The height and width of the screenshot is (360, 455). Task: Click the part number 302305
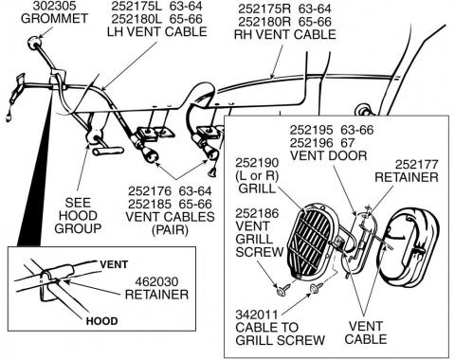[x=54, y=6]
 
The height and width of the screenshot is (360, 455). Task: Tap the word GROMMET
[x=54, y=18]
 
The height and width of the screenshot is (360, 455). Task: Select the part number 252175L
[x=136, y=6]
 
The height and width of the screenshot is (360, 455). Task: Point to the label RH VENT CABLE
[x=284, y=34]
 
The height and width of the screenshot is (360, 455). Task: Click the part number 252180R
[x=264, y=22]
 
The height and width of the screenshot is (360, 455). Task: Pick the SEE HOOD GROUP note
[x=78, y=215]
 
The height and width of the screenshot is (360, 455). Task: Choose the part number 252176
[x=150, y=191]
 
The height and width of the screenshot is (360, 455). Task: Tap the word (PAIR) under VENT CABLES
[x=170, y=230]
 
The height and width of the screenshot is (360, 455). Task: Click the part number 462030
[x=156, y=281]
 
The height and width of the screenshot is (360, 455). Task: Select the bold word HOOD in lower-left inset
[x=101, y=321]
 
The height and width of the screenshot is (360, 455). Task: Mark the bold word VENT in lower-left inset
[x=114, y=264]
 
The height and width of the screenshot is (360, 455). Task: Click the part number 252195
[x=312, y=130]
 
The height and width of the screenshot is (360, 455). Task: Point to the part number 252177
[x=417, y=165]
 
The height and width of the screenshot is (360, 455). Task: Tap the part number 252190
[x=257, y=163]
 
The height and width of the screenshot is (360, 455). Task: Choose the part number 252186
[x=257, y=213]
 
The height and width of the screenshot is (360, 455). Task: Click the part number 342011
[x=252, y=315]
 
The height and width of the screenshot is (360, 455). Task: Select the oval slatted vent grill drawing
[x=310, y=242]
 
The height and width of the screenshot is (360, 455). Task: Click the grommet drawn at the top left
[x=34, y=43]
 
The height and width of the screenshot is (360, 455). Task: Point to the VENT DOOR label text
[x=329, y=155]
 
